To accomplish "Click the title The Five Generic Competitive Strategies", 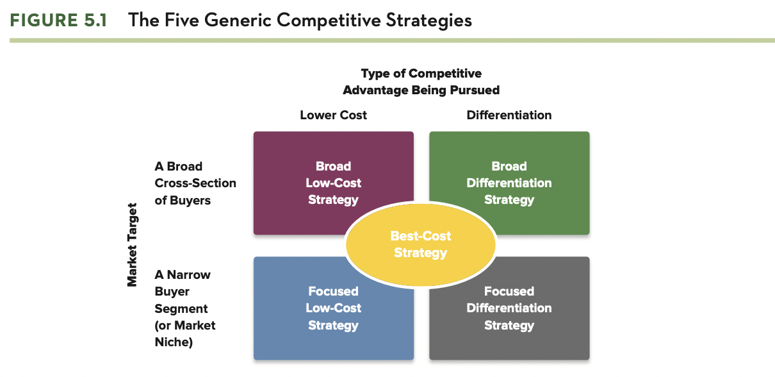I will (300, 20).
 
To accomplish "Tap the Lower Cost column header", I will (333, 115).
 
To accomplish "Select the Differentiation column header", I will (509, 115).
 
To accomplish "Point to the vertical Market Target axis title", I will (132, 245).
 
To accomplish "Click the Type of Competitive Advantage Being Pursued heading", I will (421, 81).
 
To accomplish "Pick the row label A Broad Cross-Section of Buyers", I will (195, 183).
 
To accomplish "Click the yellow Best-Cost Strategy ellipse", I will (421, 244).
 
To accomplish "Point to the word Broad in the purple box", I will (333, 166).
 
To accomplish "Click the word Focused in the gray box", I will (509, 291).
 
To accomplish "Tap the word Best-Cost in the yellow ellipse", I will (421, 236).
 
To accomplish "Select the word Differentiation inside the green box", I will (509, 183).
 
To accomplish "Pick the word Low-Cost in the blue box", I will (333, 308).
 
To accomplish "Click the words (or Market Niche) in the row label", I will (184, 333).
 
